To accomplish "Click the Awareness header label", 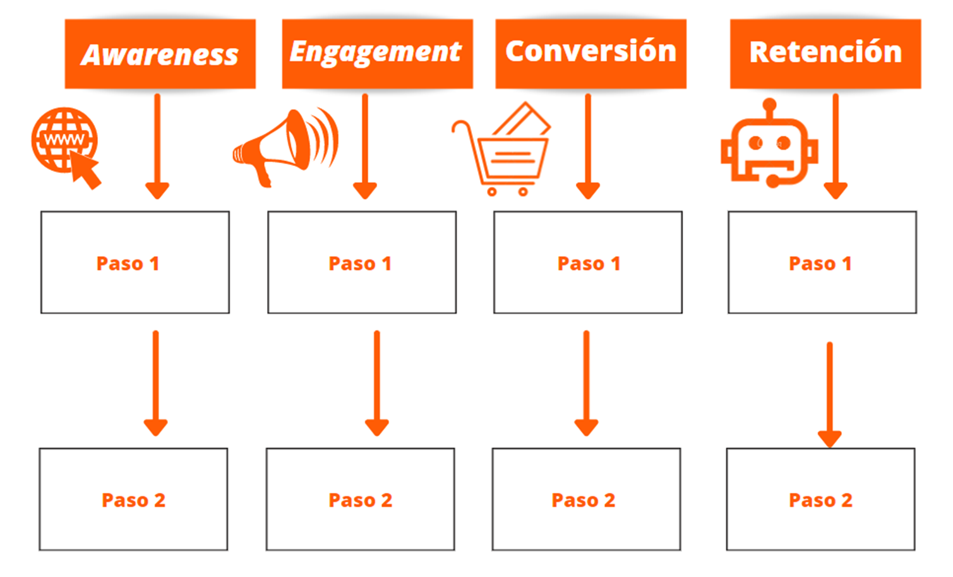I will pyautogui.click(x=160, y=54).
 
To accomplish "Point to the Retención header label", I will pyautogui.click(x=825, y=53).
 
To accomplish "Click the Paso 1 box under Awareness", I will pyautogui.click(x=135, y=263).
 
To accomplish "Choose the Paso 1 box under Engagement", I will pyautogui.click(x=361, y=263).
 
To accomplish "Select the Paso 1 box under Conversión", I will pyautogui.click(x=587, y=263).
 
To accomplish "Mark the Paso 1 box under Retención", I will pyautogui.click(x=822, y=263).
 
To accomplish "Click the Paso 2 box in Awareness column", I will pyautogui.click(x=133, y=499).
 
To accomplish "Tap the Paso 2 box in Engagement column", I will pyautogui.click(x=360, y=499).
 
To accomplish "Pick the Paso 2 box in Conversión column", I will pyautogui.click(x=586, y=499).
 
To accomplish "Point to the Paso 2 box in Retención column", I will pyautogui.click(x=820, y=499).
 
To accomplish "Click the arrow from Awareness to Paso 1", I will pyautogui.click(x=157, y=145).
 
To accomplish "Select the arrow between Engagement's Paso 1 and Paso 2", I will pyautogui.click(x=377, y=382).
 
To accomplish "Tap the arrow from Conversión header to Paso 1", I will pyautogui.click(x=588, y=145).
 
